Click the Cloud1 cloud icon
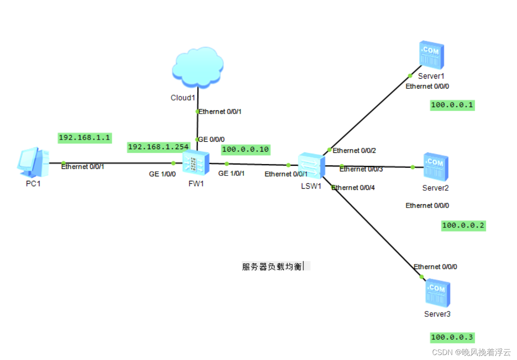click(x=198, y=67)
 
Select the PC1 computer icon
click(x=33, y=162)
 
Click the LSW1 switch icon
click(x=311, y=165)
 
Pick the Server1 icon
click(x=432, y=55)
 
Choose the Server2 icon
click(x=436, y=167)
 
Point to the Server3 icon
click(x=437, y=293)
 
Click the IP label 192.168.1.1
click(x=85, y=138)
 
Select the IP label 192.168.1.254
click(x=159, y=147)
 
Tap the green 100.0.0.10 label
click(x=246, y=150)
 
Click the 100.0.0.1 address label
click(x=452, y=105)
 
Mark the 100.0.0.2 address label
click(x=463, y=226)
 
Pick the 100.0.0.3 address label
click(x=452, y=338)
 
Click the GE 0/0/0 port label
click(x=211, y=140)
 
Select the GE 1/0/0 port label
click(x=162, y=174)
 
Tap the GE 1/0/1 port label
click(x=231, y=173)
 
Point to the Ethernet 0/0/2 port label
click(x=354, y=151)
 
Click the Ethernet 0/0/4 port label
click(x=353, y=188)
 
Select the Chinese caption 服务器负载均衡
click(x=272, y=266)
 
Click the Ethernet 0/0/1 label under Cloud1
click(x=220, y=112)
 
